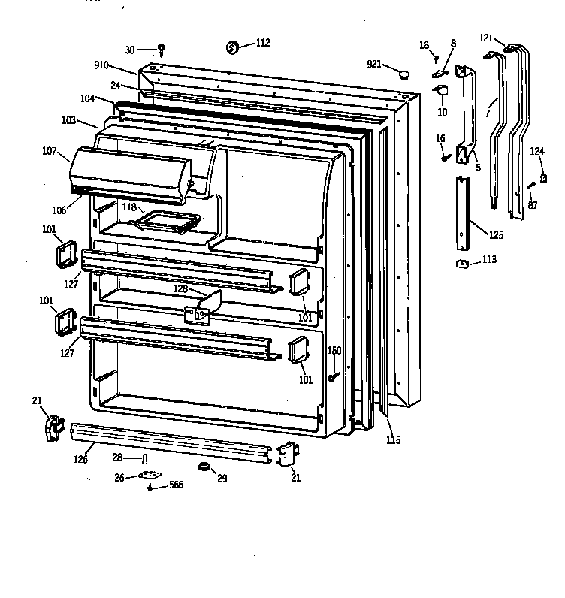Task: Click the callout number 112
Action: pos(263,42)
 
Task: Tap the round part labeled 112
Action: pos(232,47)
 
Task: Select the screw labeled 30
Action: pos(162,50)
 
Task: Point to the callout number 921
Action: pos(374,64)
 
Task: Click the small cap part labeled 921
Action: pos(403,74)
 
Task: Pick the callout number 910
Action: pos(101,65)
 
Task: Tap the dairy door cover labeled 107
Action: pos(130,175)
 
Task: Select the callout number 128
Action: pos(181,288)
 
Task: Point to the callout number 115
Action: pos(394,440)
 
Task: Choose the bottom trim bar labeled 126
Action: pos(171,442)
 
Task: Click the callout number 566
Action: pos(176,485)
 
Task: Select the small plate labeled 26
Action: pos(150,476)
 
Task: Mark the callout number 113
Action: pos(489,259)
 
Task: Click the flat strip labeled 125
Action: pos(463,213)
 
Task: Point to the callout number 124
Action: pos(537,151)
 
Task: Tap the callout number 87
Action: pos(533,205)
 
